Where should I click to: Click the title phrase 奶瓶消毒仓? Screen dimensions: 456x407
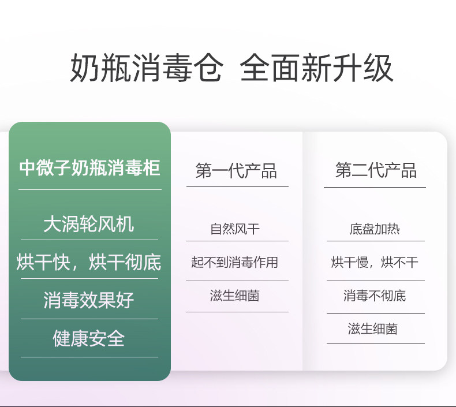[147, 68]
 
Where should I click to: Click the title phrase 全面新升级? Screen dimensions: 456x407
[317, 68]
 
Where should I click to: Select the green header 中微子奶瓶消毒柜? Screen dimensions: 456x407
[89, 168]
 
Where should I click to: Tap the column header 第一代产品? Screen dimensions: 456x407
[236, 170]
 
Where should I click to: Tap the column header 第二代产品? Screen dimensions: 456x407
[376, 170]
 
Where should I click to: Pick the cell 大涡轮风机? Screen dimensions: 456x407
[89, 224]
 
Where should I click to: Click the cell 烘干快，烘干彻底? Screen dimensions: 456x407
[89, 262]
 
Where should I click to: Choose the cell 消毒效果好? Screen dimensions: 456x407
[89, 300]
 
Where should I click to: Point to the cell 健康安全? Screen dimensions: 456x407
[89, 338]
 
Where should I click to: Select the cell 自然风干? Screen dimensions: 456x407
[235, 229]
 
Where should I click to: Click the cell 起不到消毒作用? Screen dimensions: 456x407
[235, 262]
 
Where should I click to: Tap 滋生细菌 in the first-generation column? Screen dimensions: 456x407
[235, 296]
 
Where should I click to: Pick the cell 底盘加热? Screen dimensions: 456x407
[375, 229]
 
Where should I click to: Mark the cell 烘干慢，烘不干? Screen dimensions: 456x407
[375, 262]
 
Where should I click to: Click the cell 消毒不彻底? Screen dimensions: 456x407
[375, 296]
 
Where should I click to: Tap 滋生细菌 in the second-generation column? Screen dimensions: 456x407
[373, 328]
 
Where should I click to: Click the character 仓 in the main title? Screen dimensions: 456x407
[208, 68]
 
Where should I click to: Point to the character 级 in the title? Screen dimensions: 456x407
[378, 68]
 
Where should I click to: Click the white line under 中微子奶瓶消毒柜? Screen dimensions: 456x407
[90, 190]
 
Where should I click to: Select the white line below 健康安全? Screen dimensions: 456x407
[89, 357]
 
